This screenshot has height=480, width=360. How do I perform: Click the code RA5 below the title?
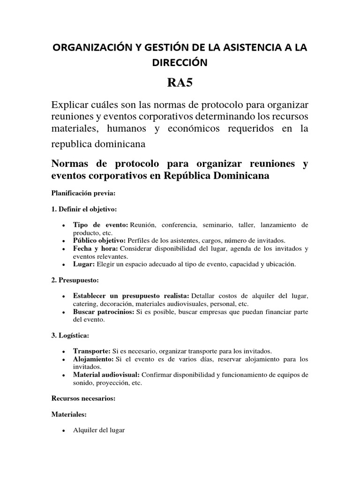pyautogui.click(x=180, y=83)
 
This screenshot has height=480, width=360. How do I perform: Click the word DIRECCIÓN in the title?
pyautogui.click(x=180, y=61)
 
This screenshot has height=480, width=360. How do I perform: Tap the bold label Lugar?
pyautogui.click(x=84, y=264)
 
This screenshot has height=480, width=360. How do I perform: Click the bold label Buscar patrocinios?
pyautogui.click(x=103, y=312)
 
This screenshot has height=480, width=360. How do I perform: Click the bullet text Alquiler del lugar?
pyautogui.click(x=98, y=430)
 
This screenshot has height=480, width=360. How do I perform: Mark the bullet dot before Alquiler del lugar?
pyautogui.click(x=63, y=431)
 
